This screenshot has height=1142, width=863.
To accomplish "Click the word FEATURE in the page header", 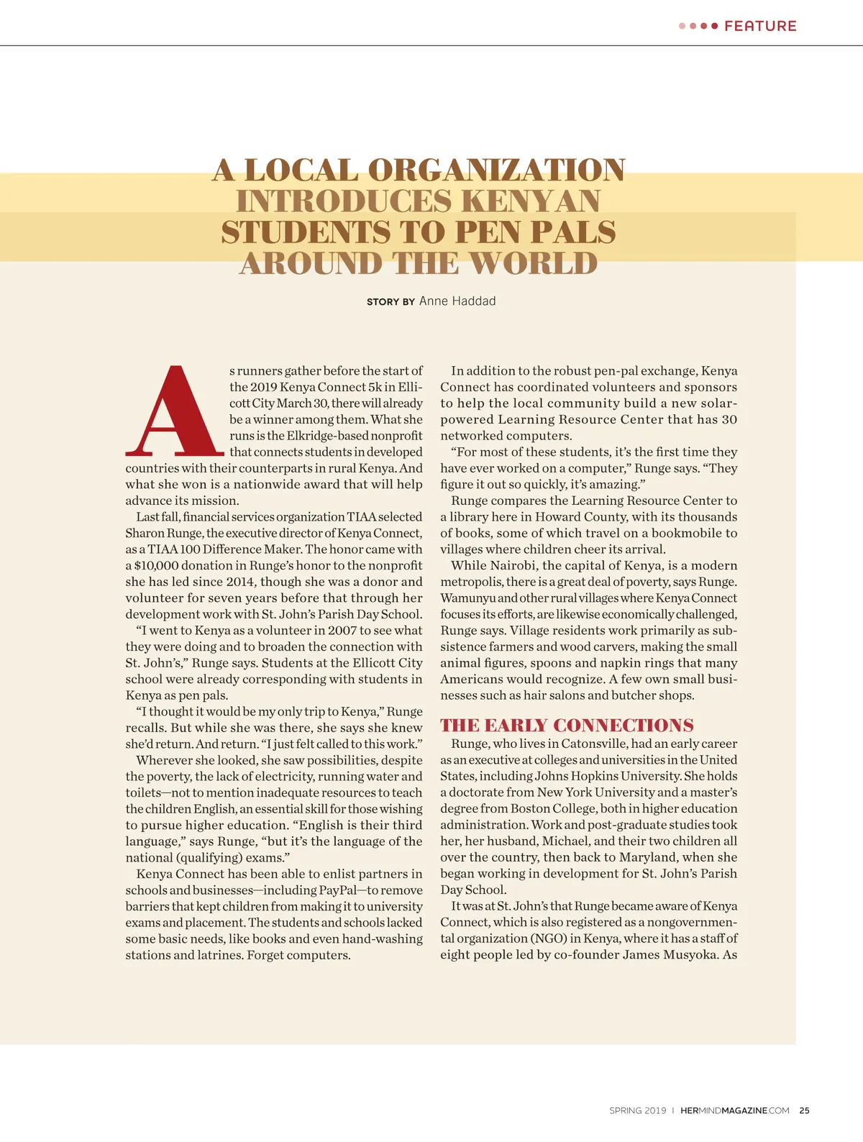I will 760,26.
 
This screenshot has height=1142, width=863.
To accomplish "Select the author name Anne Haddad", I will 457,301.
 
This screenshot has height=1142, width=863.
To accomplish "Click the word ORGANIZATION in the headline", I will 496,170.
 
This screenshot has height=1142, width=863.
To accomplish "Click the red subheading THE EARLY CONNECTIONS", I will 567,725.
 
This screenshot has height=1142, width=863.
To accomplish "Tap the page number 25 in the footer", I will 804,1110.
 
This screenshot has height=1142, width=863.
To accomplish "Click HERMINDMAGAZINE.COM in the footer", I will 734,1110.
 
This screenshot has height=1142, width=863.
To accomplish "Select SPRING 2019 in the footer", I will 637,1110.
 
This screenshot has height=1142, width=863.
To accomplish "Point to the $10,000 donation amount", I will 157,566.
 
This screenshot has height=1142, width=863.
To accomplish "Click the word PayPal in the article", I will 342,890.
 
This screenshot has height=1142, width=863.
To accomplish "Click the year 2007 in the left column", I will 342,631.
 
